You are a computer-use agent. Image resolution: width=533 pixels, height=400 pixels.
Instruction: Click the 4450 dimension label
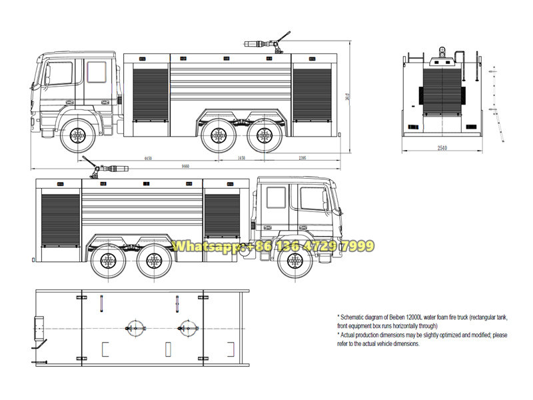148,158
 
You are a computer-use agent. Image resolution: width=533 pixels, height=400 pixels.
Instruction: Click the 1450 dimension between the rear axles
241,158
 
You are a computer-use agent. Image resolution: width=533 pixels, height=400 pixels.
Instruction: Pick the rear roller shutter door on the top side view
312,93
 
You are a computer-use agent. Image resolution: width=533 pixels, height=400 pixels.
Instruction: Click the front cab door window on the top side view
60,73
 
